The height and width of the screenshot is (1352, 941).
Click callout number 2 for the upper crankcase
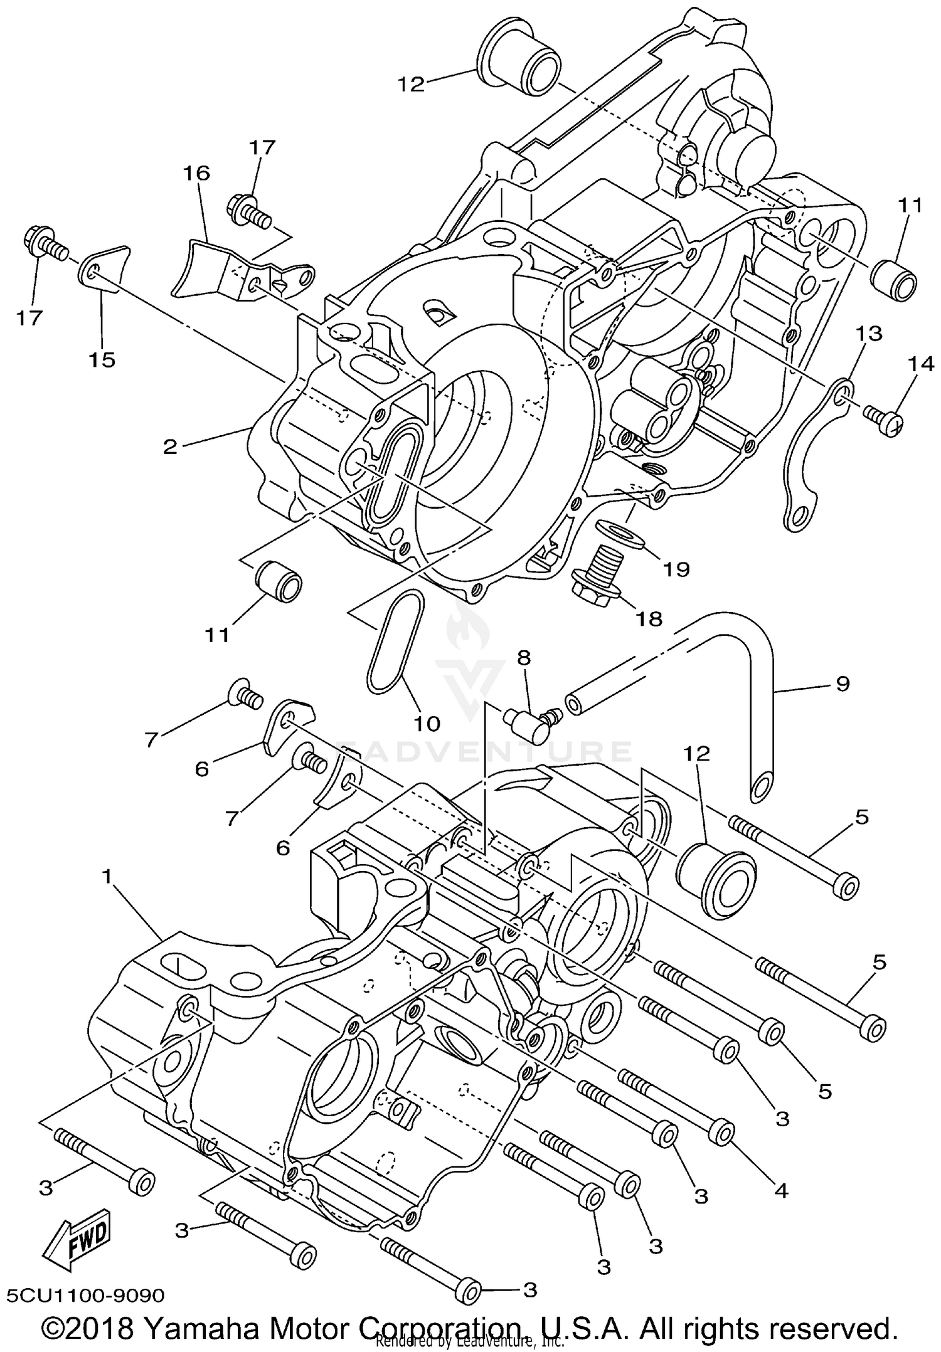click(169, 447)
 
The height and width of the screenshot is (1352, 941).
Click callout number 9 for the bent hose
click(843, 683)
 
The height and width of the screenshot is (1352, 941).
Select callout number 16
click(196, 173)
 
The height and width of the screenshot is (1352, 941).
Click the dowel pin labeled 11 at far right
click(894, 279)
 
